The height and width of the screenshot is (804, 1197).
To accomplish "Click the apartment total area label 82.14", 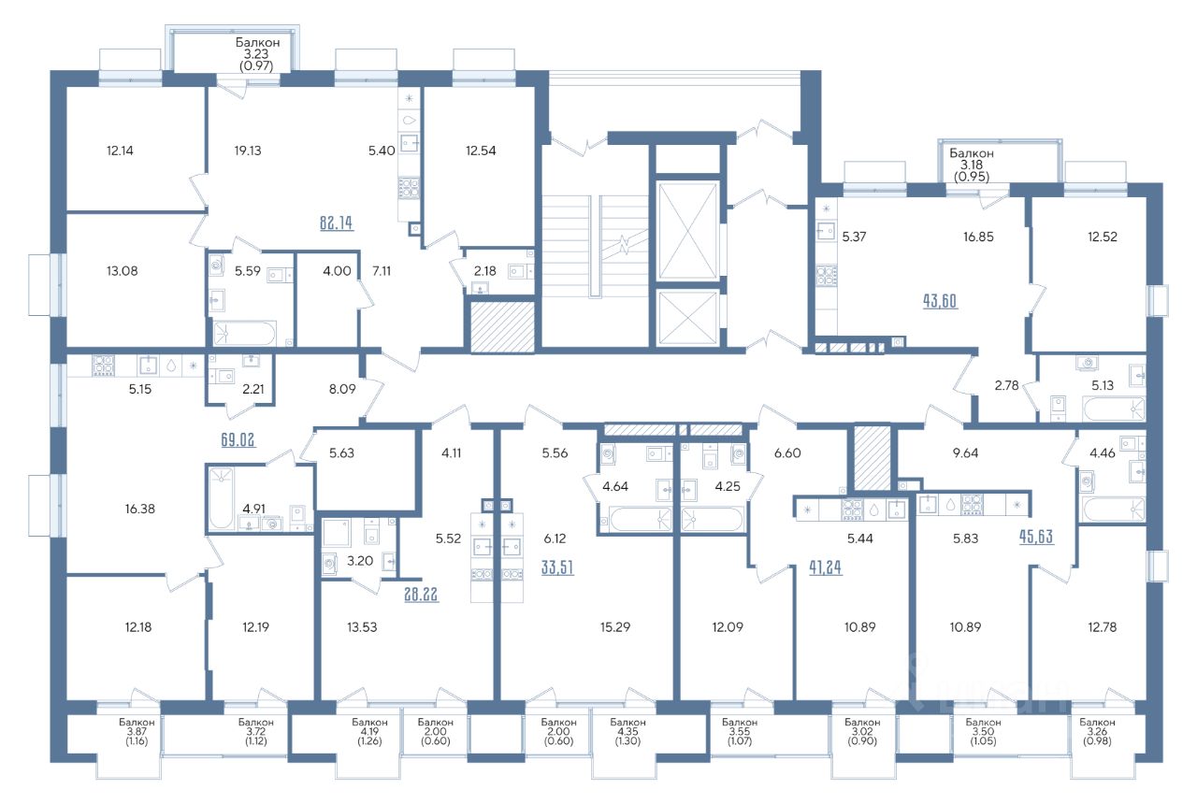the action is point(336,223).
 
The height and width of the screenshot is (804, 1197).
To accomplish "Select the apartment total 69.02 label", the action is point(238,439).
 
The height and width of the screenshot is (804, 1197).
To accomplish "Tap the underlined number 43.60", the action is point(940,301).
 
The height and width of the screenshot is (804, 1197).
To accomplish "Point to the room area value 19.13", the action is point(248,151).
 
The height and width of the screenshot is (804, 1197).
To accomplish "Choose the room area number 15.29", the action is point(615,626).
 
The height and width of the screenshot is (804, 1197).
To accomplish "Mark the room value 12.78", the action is point(1103,626).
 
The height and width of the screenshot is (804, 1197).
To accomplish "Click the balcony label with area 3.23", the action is point(257,54).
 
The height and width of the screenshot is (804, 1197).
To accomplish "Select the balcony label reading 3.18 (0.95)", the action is point(972,165).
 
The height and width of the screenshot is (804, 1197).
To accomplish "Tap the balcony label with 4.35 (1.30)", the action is point(627,731).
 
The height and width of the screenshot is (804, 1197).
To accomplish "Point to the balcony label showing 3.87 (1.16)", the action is point(137,731).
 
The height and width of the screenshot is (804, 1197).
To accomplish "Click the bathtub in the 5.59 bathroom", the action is point(245,334).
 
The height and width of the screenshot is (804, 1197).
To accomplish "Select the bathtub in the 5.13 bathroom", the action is point(1114,409).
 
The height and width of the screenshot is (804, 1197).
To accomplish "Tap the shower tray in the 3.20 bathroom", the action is point(336,533).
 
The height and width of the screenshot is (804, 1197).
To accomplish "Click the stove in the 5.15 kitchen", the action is point(103,366).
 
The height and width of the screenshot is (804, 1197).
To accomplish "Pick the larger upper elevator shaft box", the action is point(687,231).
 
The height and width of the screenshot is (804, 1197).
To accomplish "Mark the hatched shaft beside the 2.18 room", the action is point(502,326).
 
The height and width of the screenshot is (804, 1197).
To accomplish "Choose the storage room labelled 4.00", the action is point(327,299).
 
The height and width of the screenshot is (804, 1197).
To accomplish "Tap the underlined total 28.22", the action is point(421,594).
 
